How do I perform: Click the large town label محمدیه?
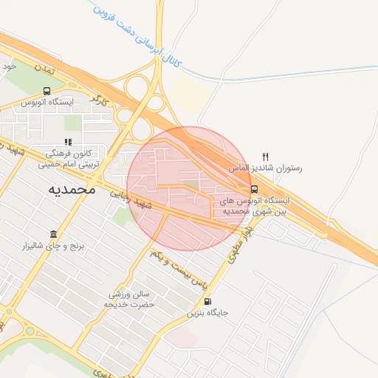click(72, 190)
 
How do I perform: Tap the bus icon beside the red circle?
click(254, 188)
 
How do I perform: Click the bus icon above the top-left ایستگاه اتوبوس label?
click(47, 91)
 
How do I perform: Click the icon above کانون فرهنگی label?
click(68, 142)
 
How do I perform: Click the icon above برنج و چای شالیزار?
click(53, 234)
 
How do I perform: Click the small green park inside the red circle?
click(190, 184)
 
